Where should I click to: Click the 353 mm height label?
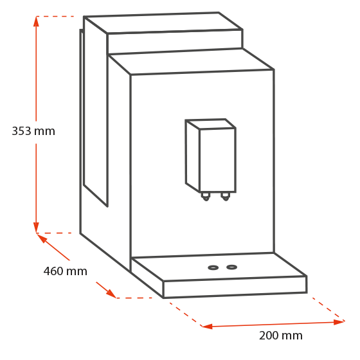tap(33, 131)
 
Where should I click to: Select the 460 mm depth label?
tap(66, 271)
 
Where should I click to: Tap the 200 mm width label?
tap(281, 336)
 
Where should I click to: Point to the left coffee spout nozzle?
tap(206, 197)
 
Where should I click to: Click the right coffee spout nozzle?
tap(226, 197)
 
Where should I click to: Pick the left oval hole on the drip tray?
tap(213, 267)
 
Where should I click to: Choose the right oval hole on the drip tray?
tap(231, 267)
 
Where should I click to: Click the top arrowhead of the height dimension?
tap(36, 21)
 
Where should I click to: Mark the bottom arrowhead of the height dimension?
tap(36, 228)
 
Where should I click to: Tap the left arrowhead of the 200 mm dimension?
tap(207, 327)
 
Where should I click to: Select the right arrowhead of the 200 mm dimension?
tap(339, 322)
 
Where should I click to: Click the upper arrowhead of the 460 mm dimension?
tap(42, 238)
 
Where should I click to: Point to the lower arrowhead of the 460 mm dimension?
tap(111, 293)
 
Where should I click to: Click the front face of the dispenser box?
tap(218, 160)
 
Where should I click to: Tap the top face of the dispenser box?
tap(210, 124)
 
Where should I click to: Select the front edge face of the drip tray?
tap(235, 287)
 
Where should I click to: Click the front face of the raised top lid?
tap(175, 42)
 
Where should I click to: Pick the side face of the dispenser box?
tap(192, 156)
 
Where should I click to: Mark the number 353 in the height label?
tap(21, 131)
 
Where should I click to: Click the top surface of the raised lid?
tap(163, 23)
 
